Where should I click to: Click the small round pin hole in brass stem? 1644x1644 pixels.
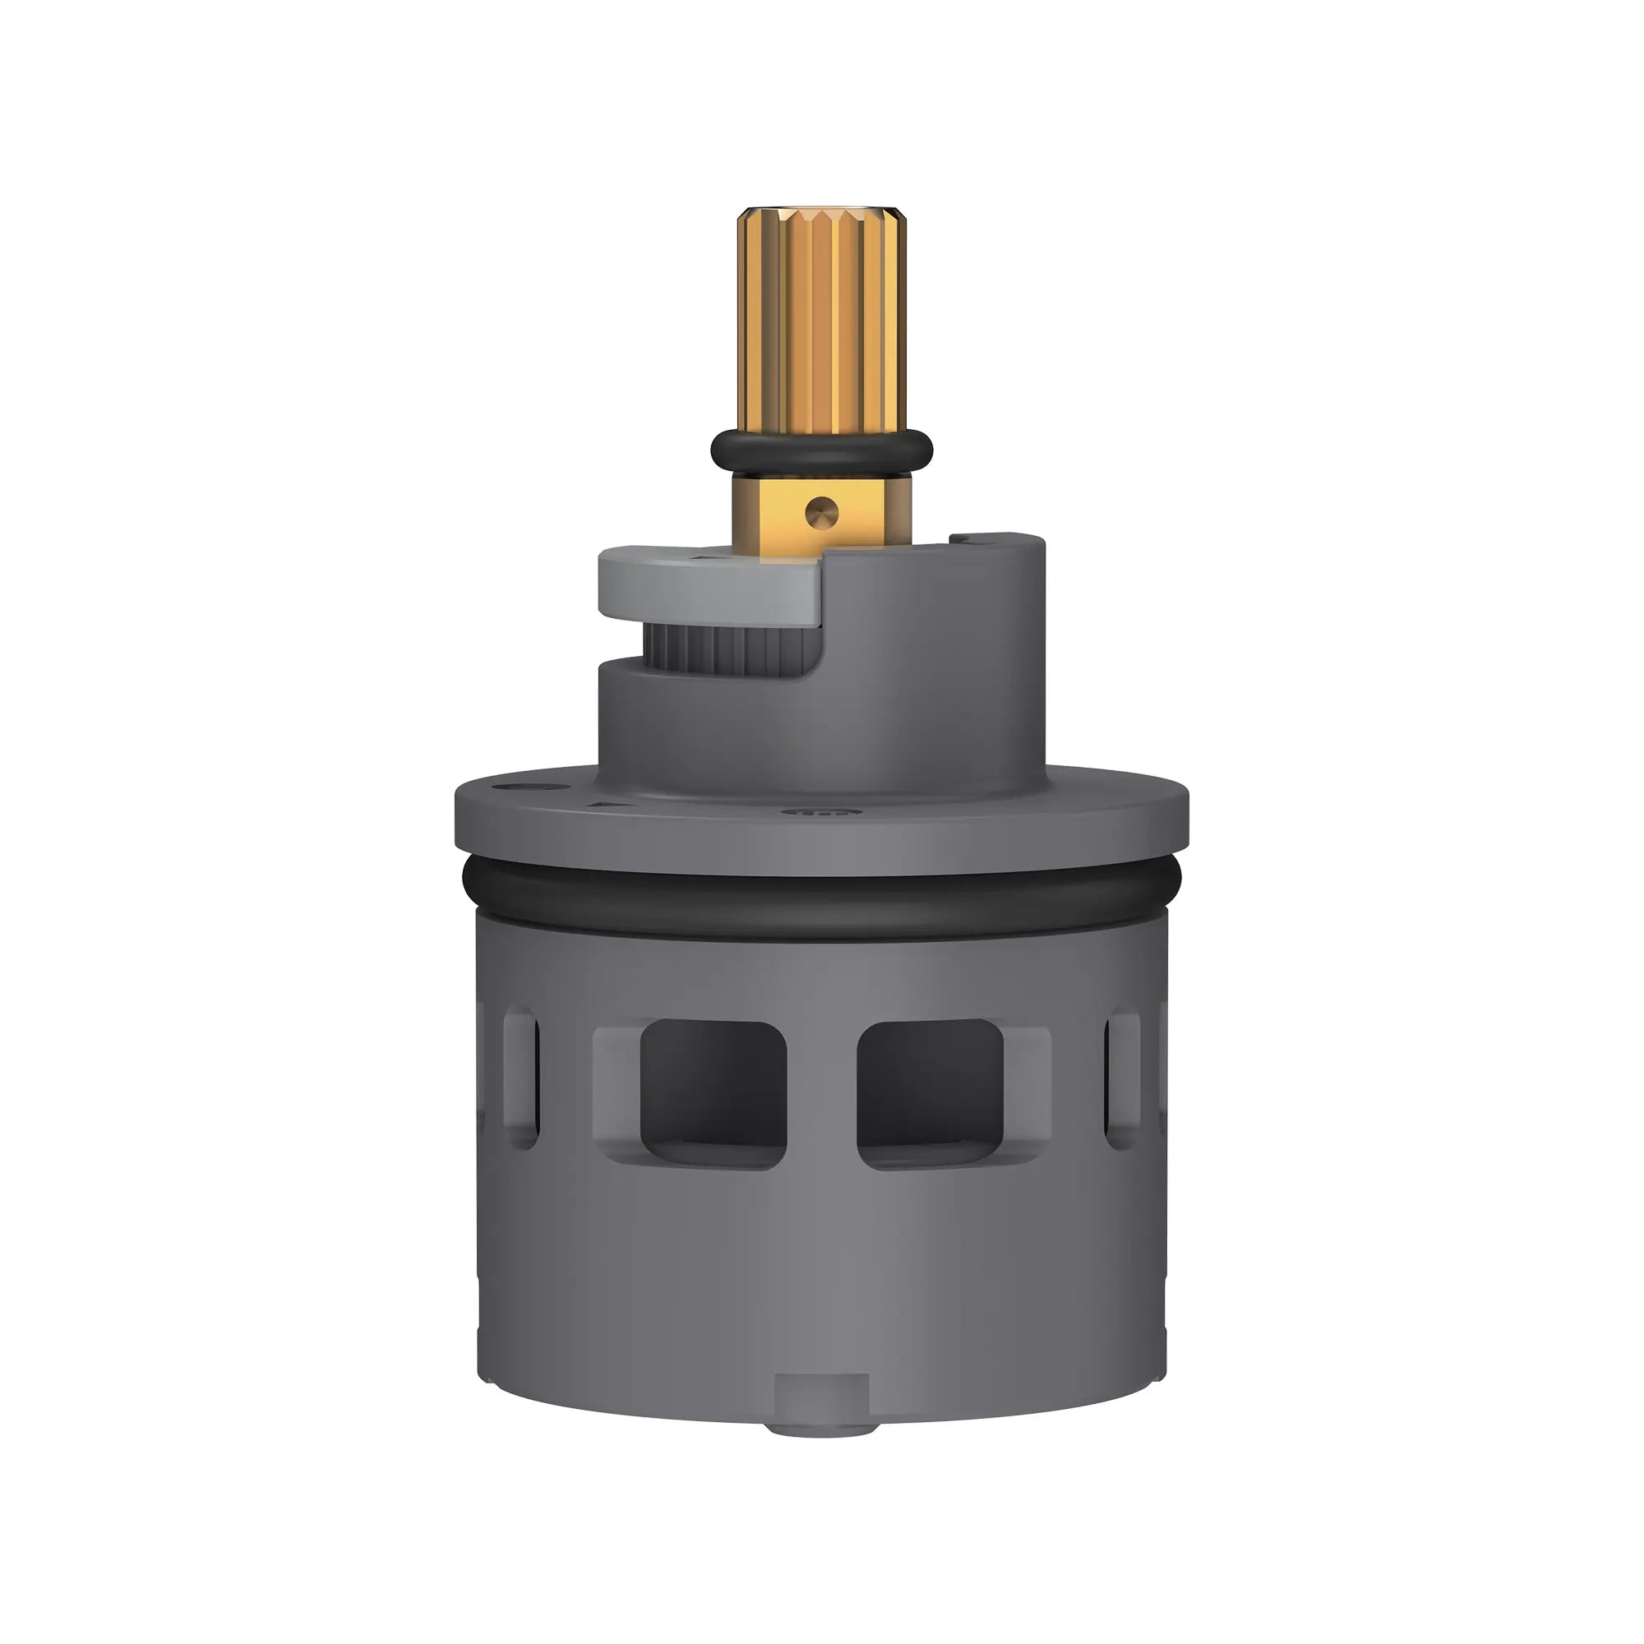(x=822, y=512)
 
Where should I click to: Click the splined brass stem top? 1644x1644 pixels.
(x=821, y=319)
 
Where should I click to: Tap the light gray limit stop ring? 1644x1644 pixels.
(x=706, y=587)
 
